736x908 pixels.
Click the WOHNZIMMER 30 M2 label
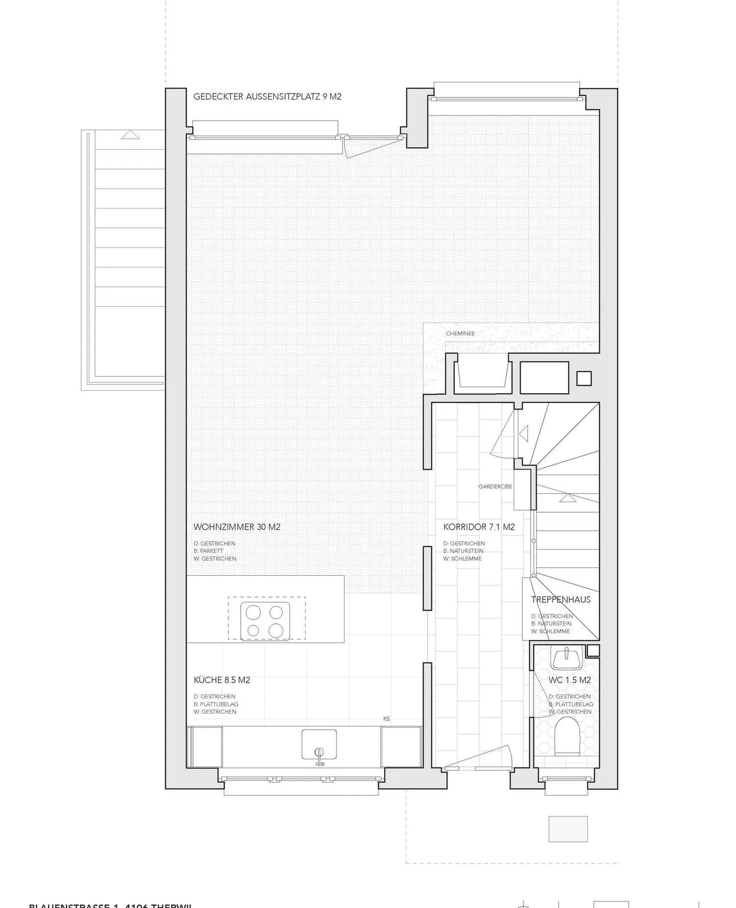(x=237, y=527)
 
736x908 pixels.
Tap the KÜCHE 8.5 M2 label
(x=222, y=680)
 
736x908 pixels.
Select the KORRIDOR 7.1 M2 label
(x=479, y=527)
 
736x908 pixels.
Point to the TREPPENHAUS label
(x=561, y=600)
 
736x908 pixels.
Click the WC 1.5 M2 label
(x=570, y=680)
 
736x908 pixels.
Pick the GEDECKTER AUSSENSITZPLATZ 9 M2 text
(x=267, y=97)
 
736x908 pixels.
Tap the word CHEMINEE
(x=460, y=333)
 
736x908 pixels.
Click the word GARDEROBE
(x=495, y=487)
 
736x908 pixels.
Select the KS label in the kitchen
(x=386, y=719)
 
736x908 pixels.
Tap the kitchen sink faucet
(x=319, y=756)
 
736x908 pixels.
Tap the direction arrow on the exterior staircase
(x=131, y=135)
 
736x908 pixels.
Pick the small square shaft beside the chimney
(x=584, y=378)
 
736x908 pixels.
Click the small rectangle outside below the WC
(x=568, y=829)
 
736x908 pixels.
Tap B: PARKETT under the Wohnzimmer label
(x=209, y=551)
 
